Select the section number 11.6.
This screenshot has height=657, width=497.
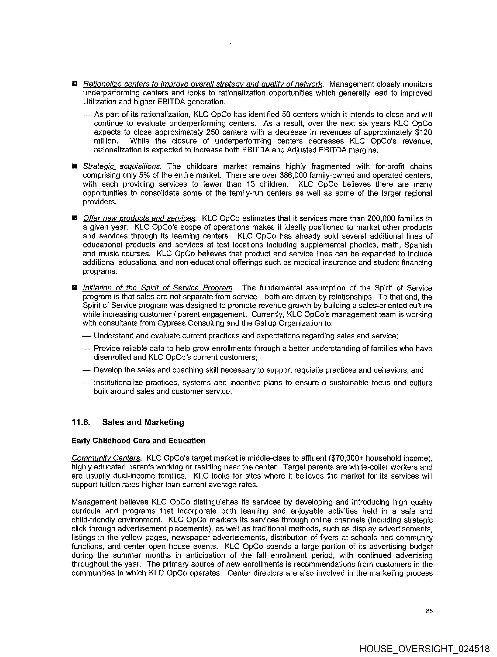click(81, 422)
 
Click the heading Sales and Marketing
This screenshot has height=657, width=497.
click(143, 422)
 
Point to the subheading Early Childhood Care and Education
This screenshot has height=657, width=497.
click(138, 441)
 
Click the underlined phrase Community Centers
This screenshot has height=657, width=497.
click(106, 458)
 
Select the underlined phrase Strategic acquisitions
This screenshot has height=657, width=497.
click(121, 166)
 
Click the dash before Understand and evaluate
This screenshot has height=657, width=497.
click(86, 336)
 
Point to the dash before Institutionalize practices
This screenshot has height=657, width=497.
click(86, 383)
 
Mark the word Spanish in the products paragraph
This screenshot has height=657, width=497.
click(418, 245)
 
